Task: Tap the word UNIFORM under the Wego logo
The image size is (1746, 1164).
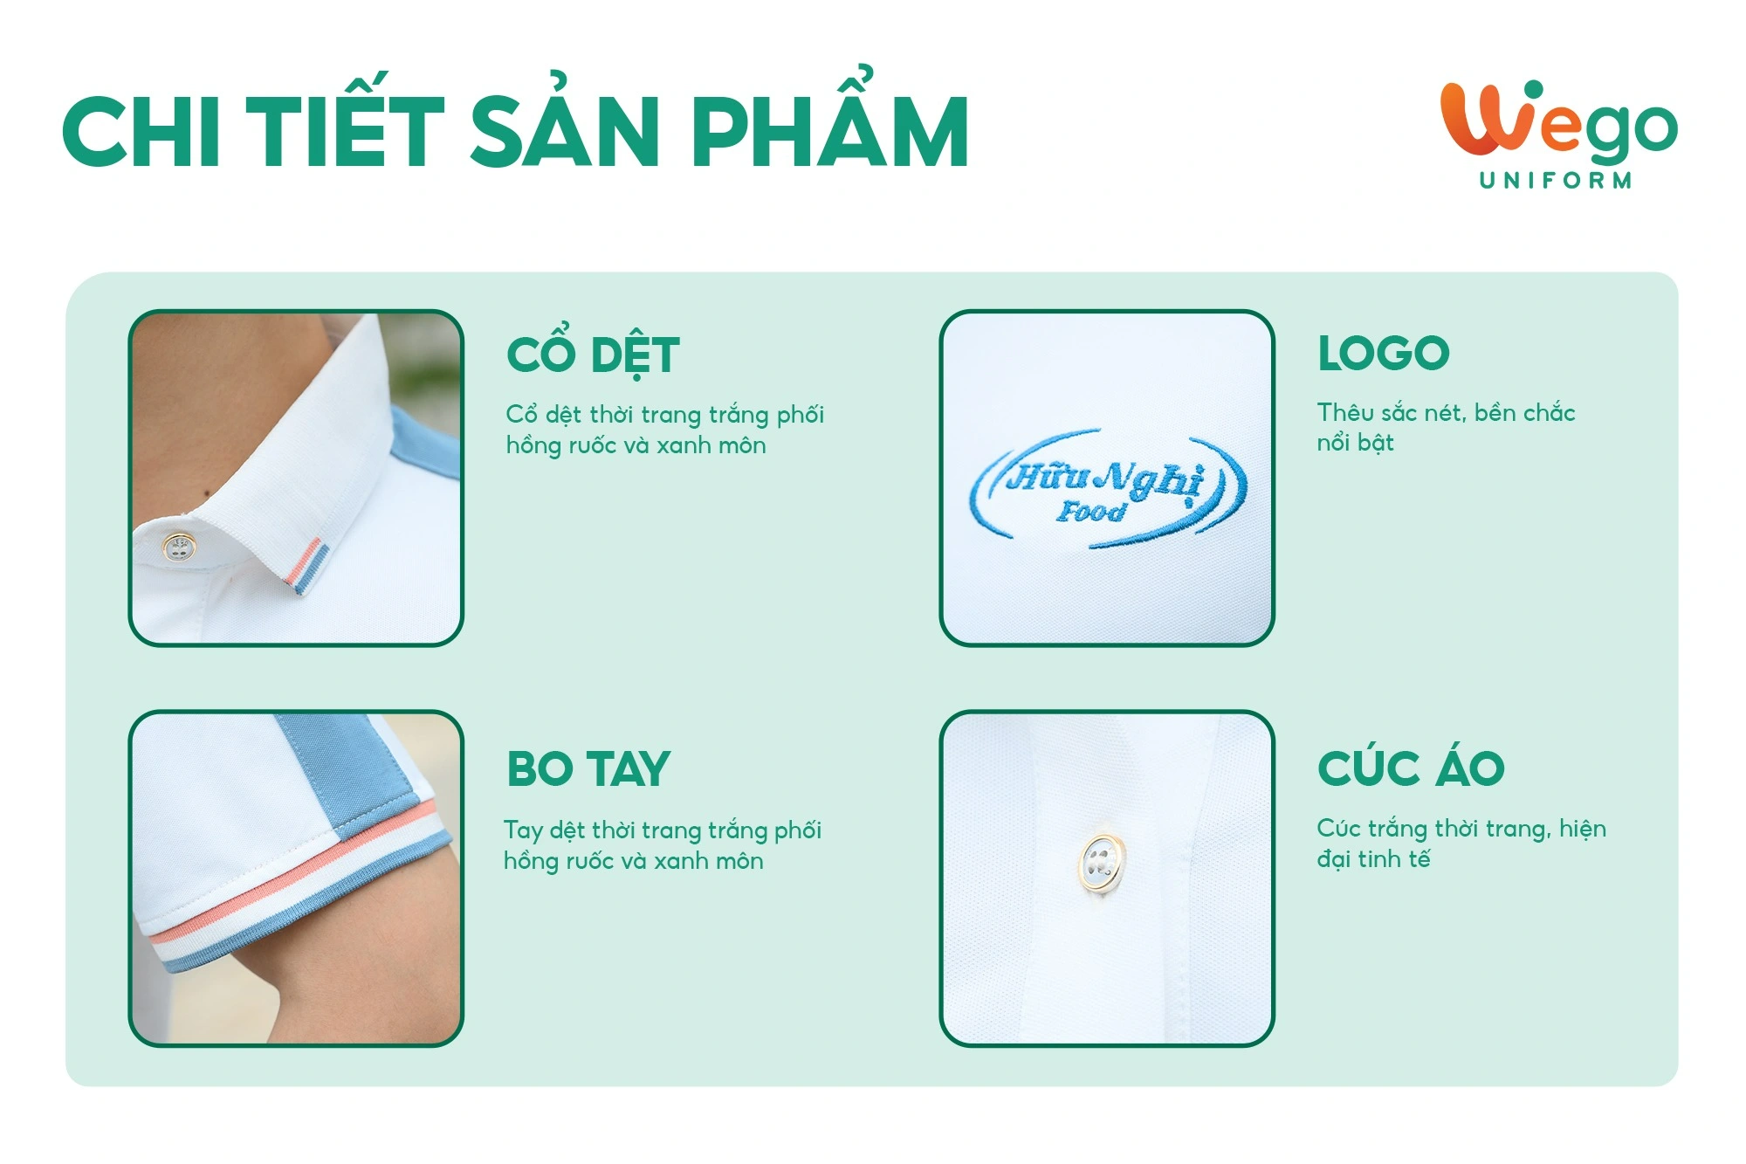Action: click(1555, 181)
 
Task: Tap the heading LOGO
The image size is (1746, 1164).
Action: click(1384, 354)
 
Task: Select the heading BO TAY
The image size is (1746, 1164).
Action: click(588, 769)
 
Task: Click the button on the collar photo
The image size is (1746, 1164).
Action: click(180, 548)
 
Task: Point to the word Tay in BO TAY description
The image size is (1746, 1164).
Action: click(523, 830)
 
